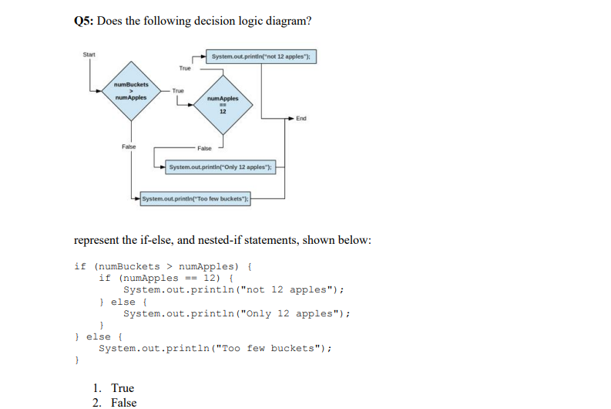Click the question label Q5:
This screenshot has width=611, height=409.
point(84,21)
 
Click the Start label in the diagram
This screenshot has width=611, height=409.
point(89,54)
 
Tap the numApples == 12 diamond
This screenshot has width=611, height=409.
point(223,103)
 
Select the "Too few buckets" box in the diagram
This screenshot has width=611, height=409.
point(197,198)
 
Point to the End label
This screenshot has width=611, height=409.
point(301,118)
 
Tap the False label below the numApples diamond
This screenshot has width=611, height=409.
point(204,148)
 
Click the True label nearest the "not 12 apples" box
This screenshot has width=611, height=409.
point(185,68)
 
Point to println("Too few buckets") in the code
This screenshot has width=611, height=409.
point(216,348)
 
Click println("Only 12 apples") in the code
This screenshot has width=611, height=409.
point(237,313)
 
